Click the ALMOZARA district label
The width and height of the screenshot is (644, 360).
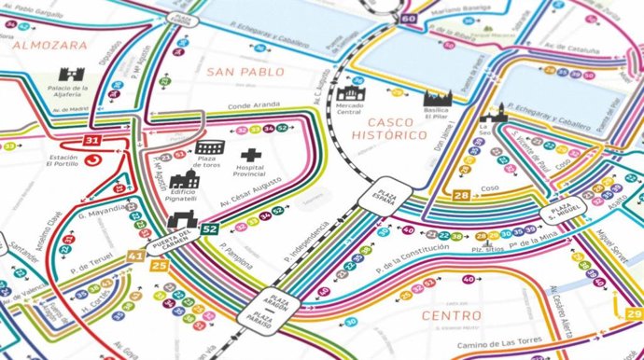(x=50, y=44)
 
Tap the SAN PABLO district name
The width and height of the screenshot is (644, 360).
(x=245, y=72)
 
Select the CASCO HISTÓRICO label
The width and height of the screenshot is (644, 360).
(x=396, y=130)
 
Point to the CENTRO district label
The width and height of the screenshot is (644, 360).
(x=452, y=315)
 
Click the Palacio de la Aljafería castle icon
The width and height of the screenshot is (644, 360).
(x=72, y=75)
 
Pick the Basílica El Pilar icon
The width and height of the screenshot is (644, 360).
(x=437, y=99)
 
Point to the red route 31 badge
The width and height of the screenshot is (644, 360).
(x=92, y=141)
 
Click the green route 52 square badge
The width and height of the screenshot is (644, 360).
(x=209, y=228)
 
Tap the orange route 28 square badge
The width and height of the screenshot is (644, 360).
(x=460, y=195)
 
